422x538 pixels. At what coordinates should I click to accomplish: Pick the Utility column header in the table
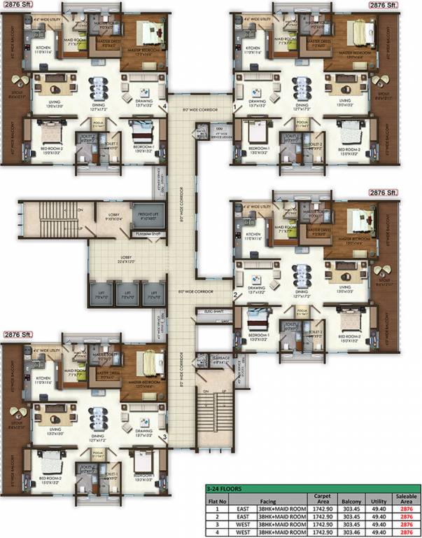(x=380, y=500)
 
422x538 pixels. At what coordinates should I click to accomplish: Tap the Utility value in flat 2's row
(x=380, y=517)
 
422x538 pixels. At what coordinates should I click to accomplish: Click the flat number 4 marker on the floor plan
(x=164, y=106)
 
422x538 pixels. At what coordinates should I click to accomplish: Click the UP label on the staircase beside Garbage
(x=224, y=389)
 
